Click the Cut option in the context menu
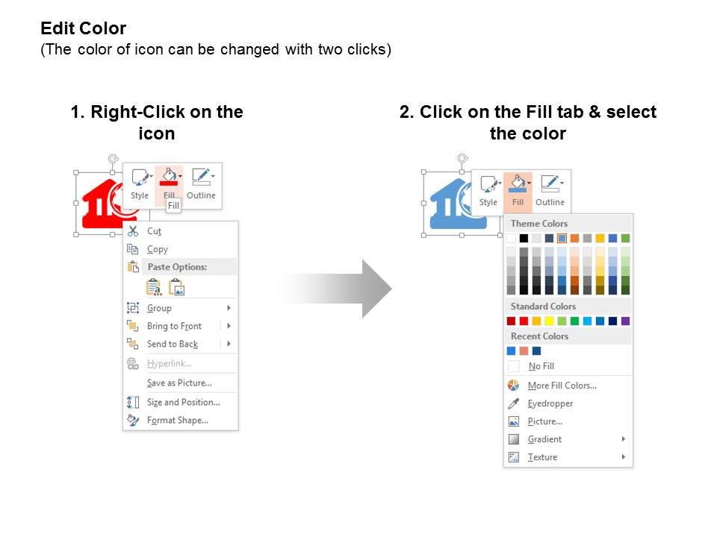coord(154,231)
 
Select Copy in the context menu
coord(158,249)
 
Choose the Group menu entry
coord(159,308)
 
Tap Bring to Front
coord(174,326)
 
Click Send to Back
coord(173,344)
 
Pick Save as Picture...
coord(179,383)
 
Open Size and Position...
coord(184,402)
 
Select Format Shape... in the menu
coord(178,420)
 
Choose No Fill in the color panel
coord(541,366)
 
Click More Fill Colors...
coord(562,386)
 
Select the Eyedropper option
coord(550,403)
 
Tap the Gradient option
coord(544,439)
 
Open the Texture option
coord(542,457)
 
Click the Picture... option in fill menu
coord(544,421)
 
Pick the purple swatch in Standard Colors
coord(626,321)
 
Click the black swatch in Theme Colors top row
coord(524,238)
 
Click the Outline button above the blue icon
coord(550,191)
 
